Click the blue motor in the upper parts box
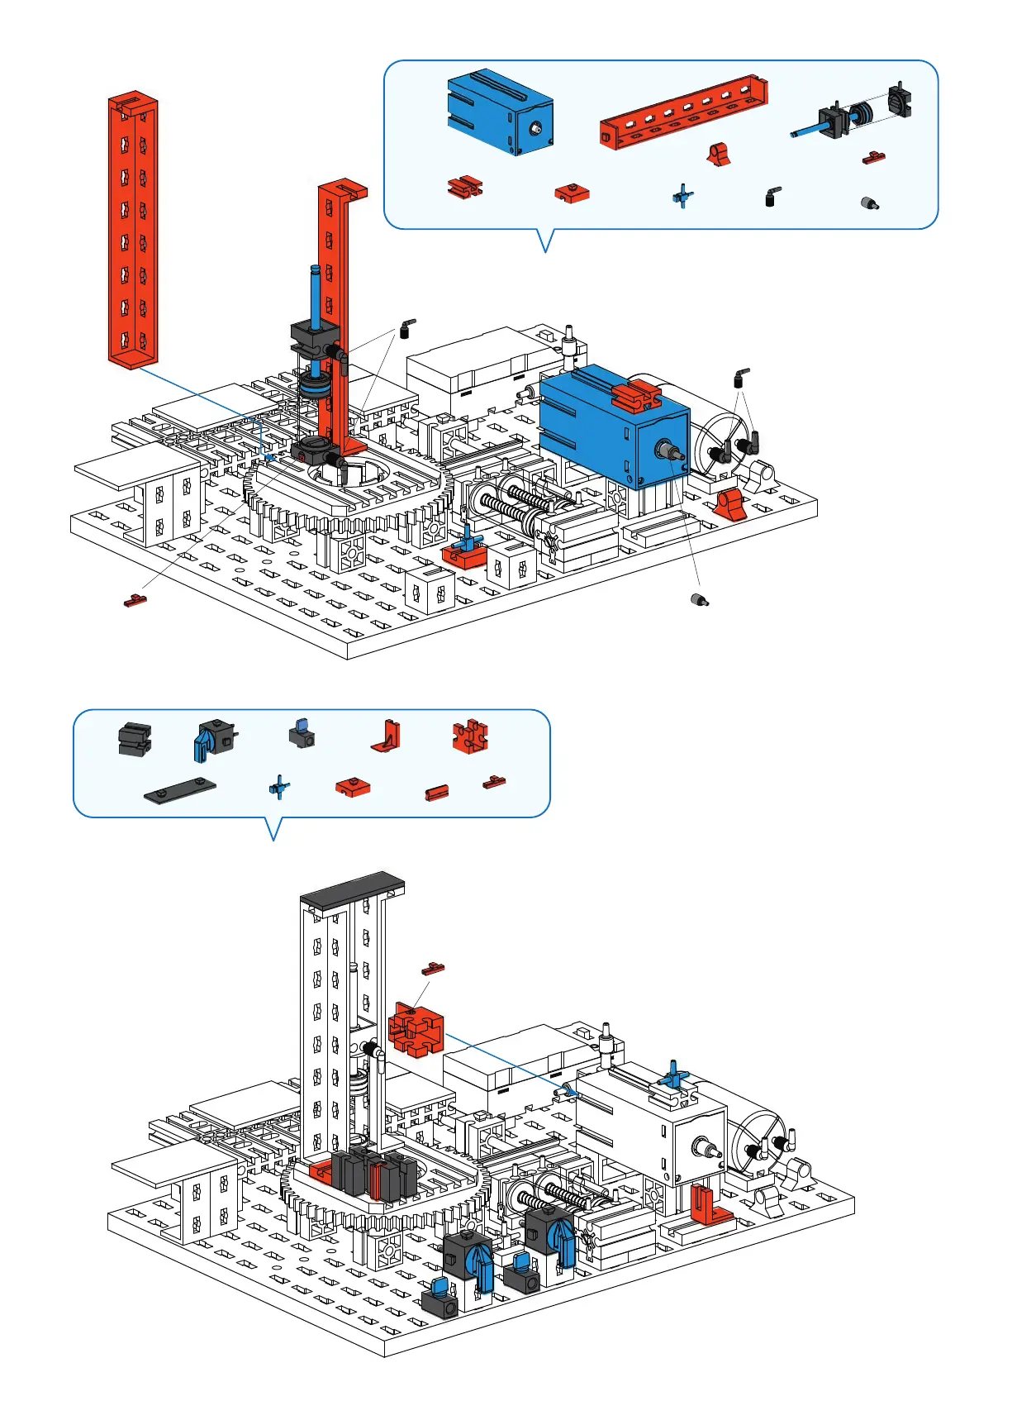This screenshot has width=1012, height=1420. [499, 112]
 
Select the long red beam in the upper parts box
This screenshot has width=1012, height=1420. [682, 114]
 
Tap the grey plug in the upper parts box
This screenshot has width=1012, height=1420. [869, 203]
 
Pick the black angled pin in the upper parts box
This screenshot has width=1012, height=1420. [772, 197]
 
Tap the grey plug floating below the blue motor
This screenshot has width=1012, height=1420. [700, 599]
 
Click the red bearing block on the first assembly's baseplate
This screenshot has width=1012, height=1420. [729, 503]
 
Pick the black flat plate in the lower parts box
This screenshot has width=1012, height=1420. [180, 791]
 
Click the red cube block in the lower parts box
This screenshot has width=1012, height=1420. [470, 736]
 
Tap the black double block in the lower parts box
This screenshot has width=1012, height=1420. [135, 739]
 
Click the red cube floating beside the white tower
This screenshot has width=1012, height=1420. [416, 1029]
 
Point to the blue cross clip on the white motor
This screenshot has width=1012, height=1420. [673, 1075]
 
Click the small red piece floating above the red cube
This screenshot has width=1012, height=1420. [434, 968]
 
